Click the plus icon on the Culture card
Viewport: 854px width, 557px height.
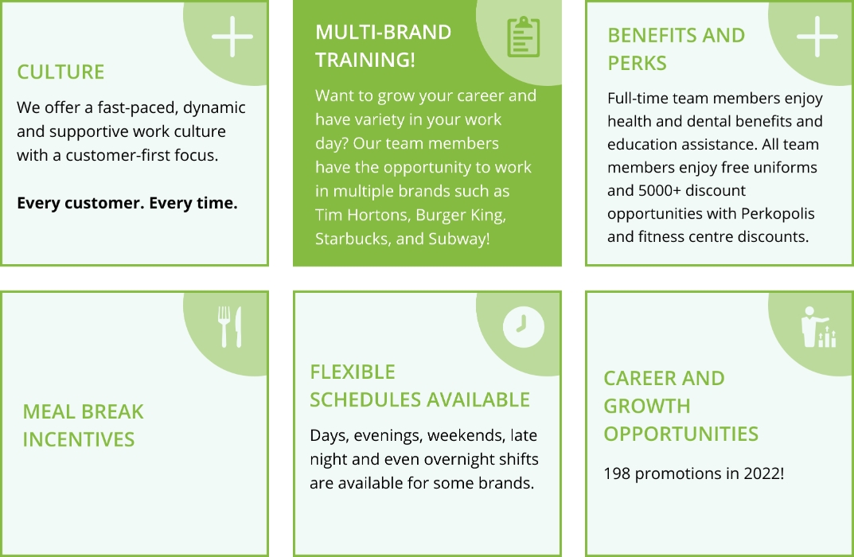[x=232, y=37]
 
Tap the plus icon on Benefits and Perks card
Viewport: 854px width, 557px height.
[x=817, y=37]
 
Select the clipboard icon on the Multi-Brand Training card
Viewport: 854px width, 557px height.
[x=522, y=37]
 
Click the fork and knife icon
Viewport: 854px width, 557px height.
[x=230, y=326]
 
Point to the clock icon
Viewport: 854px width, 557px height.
[x=523, y=326]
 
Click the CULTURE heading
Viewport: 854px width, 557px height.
[x=60, y=72]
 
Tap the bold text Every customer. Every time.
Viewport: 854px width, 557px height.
[x=127, y=203]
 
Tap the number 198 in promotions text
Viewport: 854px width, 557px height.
[x=618, y=473]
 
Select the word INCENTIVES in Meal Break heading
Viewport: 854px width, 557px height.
[x=78, y=439]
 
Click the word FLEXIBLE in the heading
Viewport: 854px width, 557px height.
[x=353, y=372]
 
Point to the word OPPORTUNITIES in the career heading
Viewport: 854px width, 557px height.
[x=680, y=434]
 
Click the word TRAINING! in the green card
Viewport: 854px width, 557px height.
[x=365, y=60]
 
